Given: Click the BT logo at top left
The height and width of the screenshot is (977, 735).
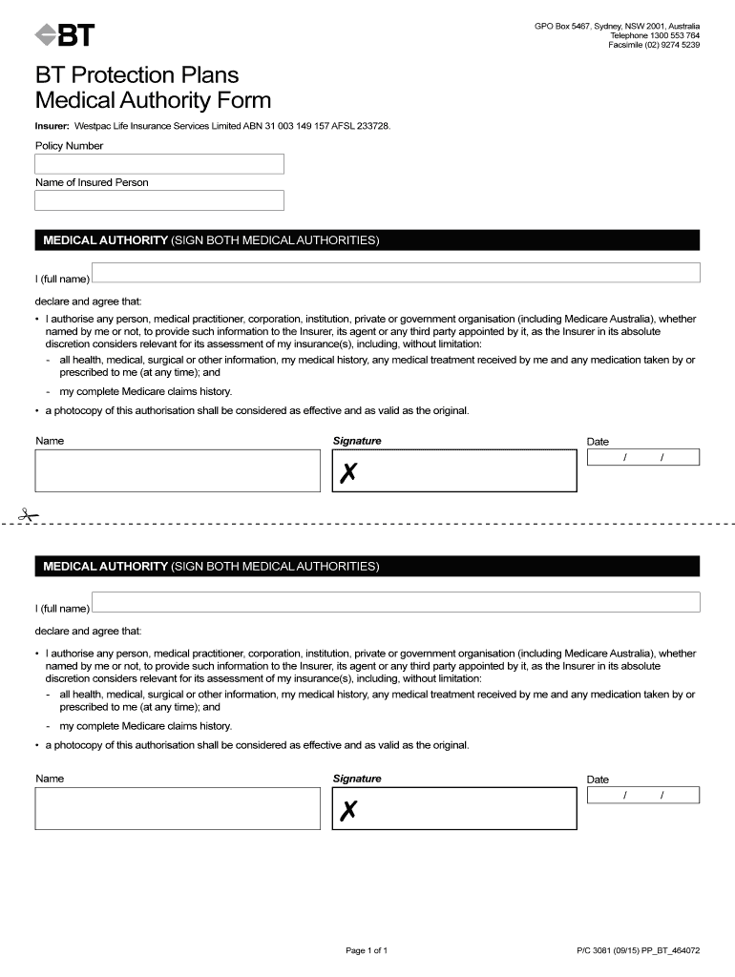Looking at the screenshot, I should coord(65,35).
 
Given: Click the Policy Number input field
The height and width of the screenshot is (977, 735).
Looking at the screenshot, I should coord(159,164).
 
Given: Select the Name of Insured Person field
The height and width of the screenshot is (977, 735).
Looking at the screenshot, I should coord(159,200).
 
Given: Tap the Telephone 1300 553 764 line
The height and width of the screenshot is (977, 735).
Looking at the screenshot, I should coord(655,35).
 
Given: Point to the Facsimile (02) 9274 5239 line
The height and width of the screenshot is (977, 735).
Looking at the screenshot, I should coord(654,45).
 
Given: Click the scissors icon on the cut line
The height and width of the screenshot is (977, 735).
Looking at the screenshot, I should coord(29,516).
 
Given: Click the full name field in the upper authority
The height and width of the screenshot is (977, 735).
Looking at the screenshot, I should coord(395,273).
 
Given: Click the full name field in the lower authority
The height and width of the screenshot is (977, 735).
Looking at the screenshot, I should coord(395,602).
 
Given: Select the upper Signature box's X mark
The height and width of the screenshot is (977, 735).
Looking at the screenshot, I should coord(348,472).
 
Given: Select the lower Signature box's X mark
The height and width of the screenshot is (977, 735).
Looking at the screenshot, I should coord(348,811).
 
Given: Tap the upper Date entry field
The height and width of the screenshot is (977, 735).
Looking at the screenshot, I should coord(643,458).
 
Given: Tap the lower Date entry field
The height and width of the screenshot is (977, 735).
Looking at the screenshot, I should coord(643,796).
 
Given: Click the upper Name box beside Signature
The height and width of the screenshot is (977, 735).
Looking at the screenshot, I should coord(178,470).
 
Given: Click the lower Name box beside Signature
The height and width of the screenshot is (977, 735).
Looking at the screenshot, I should coord(178,808).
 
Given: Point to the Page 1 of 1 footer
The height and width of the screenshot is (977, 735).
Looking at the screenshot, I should coord(366,950).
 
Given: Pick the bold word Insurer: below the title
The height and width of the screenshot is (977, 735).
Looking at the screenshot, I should coord(52,126).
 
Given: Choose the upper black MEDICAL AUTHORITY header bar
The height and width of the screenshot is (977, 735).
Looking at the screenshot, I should coord(367,240).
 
